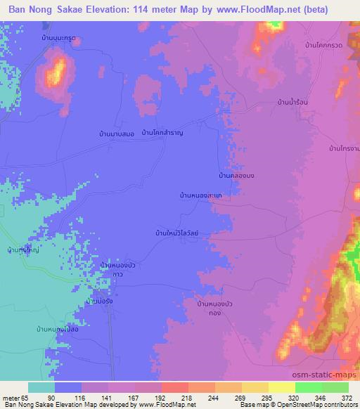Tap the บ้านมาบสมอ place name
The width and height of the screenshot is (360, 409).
(117, 133)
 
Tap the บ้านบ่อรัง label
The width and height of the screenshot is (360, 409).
(99, 301)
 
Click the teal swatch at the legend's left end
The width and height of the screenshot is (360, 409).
(41, 387)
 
